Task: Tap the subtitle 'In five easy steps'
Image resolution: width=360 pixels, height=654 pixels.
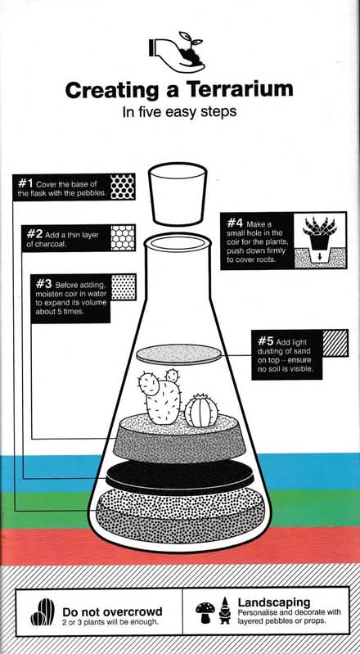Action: [x=179, y=111]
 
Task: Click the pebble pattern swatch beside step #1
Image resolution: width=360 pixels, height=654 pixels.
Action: [x=123, y=187]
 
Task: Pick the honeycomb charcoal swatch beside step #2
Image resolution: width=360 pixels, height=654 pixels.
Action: [x=123, y=237]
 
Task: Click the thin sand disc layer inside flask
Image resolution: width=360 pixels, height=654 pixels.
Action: [x=180, y=354]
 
